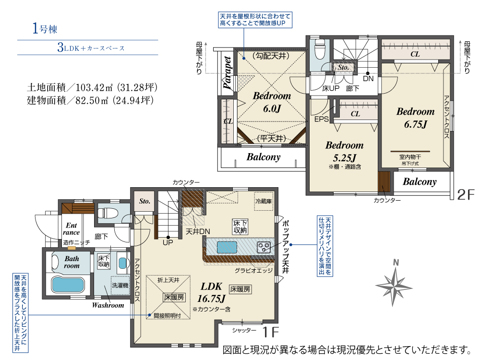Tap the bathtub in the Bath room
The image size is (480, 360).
[68, 284]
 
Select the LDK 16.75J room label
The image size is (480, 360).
[212, 292]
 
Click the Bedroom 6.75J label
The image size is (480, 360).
[415, 118]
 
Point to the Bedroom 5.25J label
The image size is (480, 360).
[344, 151]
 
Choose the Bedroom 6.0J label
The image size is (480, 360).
[272, 102]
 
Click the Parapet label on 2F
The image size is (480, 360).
[227, 73]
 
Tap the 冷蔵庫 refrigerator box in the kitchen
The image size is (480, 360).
[264, 201]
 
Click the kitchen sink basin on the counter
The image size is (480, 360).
[227, 247]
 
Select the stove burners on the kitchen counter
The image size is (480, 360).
[264, 247]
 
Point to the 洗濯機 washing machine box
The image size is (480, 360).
[120, 286]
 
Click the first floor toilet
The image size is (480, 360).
[108, 214]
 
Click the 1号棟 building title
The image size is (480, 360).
[45, 29]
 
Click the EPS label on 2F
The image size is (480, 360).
[322, 119]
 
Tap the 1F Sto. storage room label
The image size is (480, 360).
[144, 201]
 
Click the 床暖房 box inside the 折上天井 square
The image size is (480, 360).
[174, 297]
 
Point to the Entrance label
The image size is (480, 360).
[72, 229]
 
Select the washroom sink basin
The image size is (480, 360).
[122, 263]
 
